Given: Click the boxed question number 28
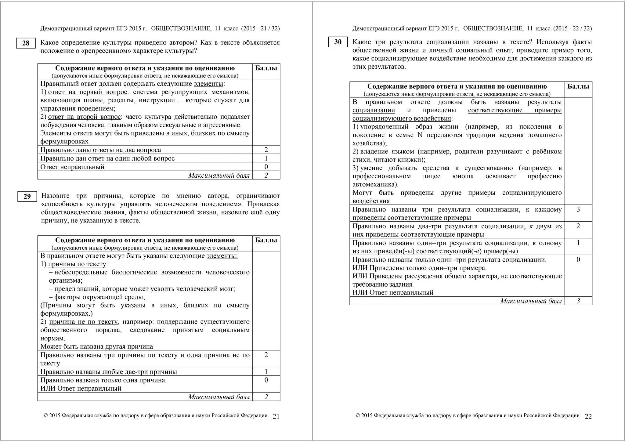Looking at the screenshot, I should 26,43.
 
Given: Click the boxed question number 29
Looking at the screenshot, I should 27,197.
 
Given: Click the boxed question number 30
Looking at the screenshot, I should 338,42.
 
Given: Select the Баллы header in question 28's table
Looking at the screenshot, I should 266,68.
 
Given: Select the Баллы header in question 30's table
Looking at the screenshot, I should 578,86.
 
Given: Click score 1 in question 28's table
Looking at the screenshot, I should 266,158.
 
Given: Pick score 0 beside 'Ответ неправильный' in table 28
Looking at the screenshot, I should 266,167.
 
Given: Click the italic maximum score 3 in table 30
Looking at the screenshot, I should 578,301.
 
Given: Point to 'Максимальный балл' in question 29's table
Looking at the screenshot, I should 219,397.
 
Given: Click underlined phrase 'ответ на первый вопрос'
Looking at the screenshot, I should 88,92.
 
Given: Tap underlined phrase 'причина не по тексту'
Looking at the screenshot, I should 83,322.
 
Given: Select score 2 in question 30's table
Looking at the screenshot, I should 578,226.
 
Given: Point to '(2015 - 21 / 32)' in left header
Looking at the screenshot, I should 260,29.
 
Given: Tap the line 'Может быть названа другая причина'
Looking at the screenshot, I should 96,346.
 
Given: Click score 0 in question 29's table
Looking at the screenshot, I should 266,380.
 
